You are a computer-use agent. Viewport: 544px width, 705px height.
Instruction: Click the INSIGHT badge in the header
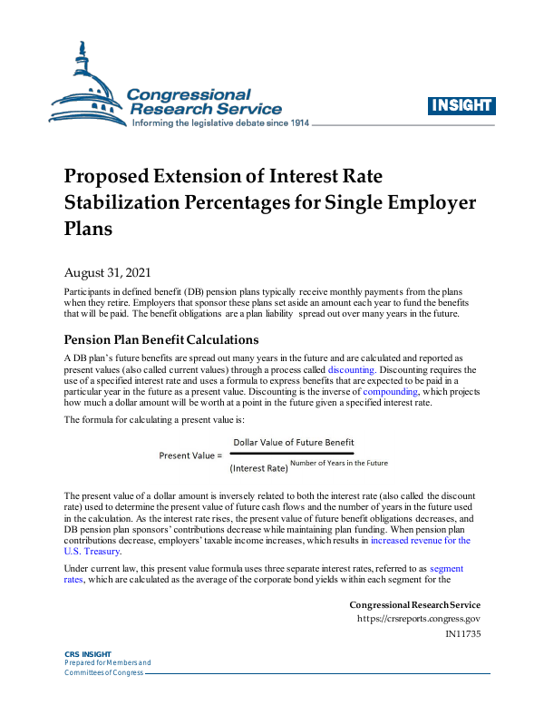click(460, 105)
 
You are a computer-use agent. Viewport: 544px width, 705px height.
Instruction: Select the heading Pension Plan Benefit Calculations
click(161, 340)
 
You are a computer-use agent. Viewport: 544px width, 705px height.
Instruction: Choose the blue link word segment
click(446, 568)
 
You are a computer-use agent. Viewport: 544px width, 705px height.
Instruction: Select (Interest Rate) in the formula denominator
click(258, 468)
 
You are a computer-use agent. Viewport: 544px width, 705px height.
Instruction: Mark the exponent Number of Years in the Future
click(340, 464)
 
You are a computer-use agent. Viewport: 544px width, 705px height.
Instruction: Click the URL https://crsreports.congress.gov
click(419, 620)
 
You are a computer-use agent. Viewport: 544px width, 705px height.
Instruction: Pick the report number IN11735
click(462, 634)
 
